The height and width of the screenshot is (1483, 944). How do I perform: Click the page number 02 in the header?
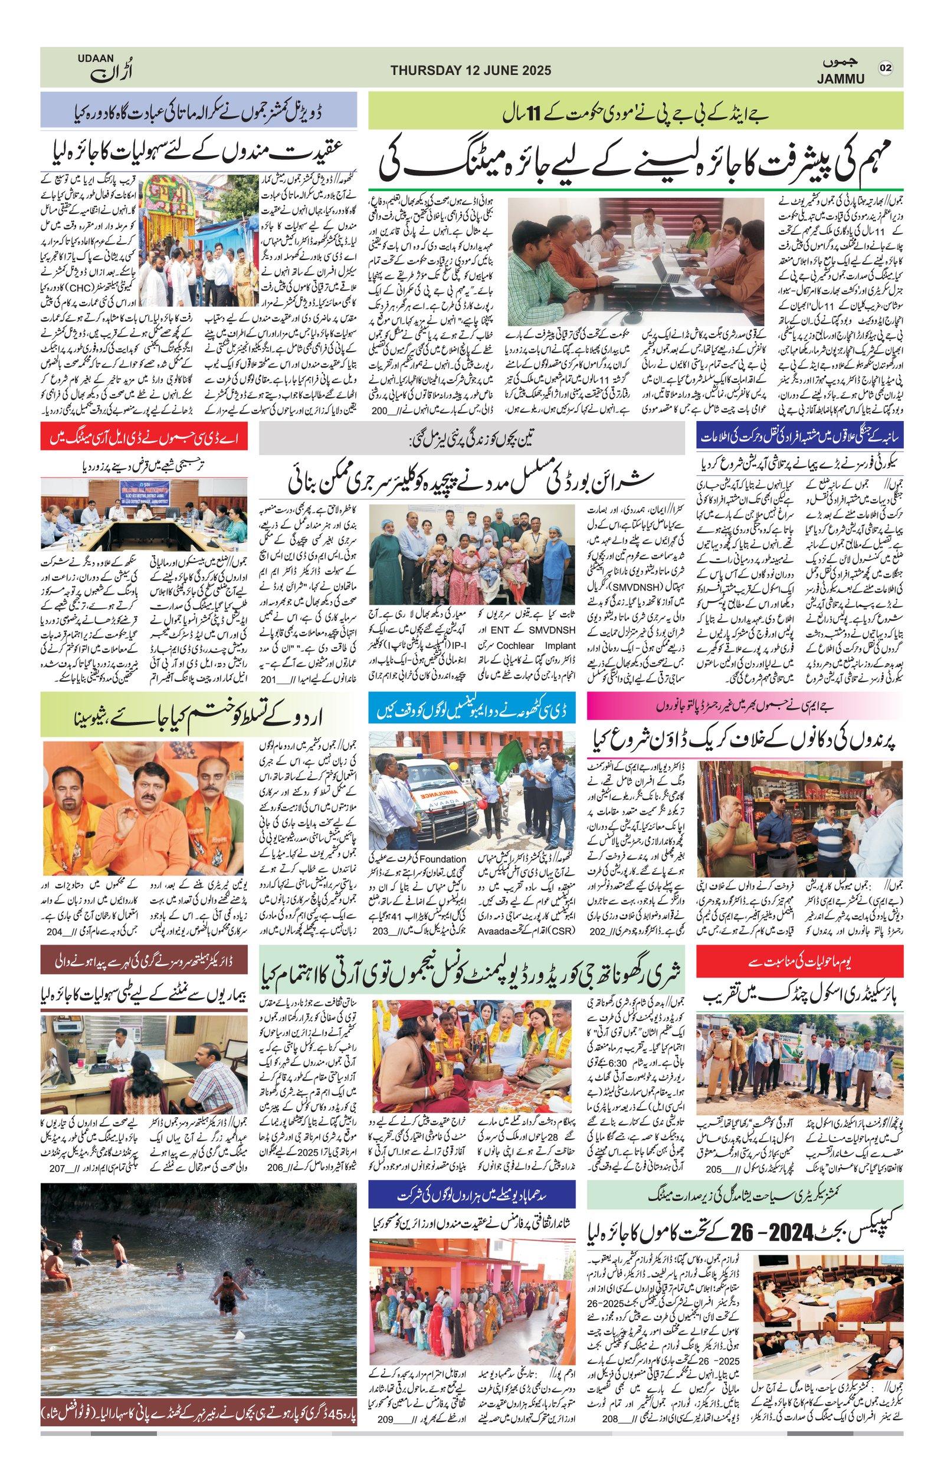885,68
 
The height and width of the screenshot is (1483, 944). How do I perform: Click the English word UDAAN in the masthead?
96,58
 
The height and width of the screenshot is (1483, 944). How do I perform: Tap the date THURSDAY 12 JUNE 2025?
470,71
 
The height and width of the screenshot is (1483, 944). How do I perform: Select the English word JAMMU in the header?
841,79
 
